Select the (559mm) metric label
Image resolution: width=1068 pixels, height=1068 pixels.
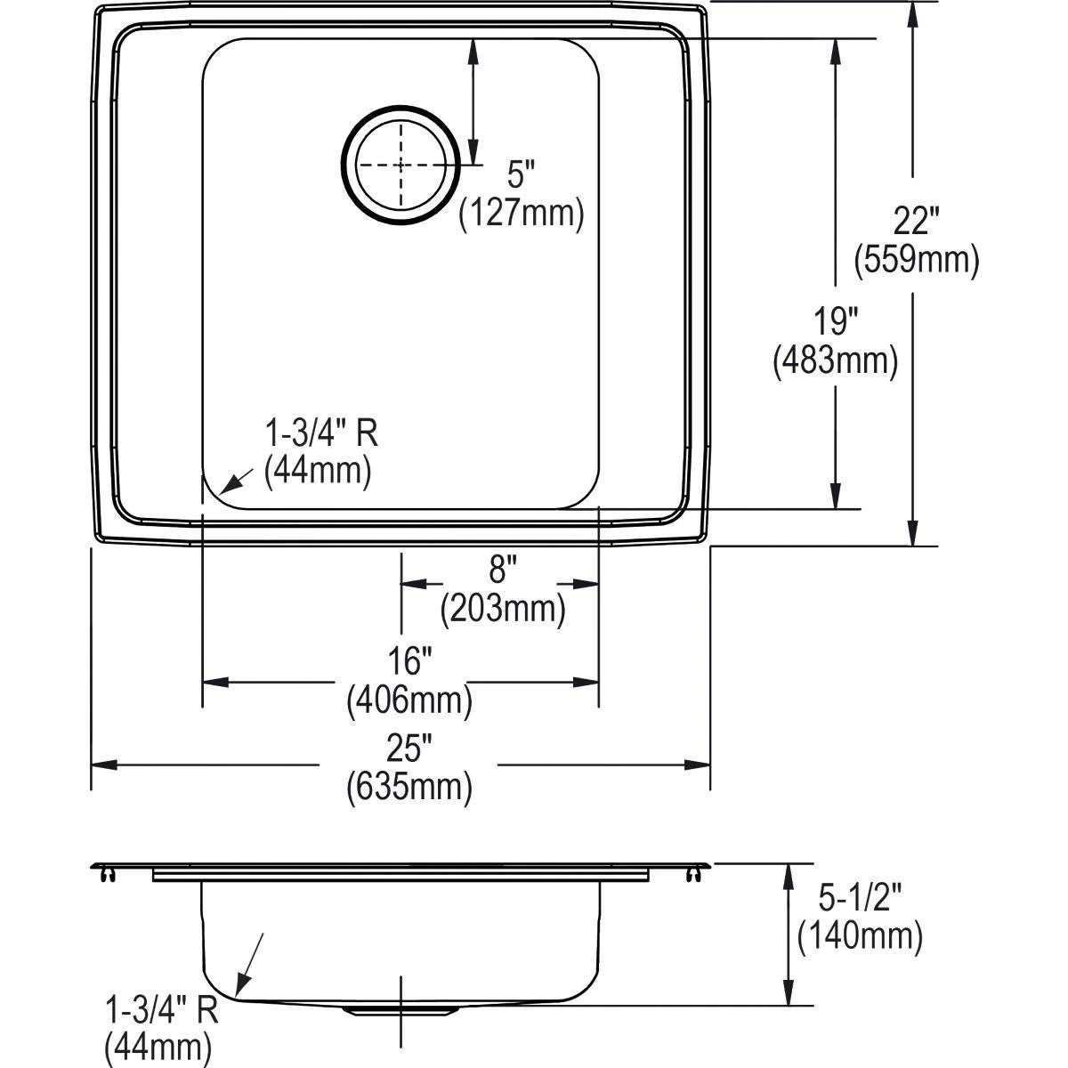pyautogui.click(x=916, y=260)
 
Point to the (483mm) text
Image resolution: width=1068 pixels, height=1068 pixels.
pyautogui.click(x=835, y=360)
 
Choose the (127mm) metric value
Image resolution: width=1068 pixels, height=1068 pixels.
pyautogui.click(x=521, y=214)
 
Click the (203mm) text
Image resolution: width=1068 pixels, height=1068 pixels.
pyautogui.click(x=502, y=608)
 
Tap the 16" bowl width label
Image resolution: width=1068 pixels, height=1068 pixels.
pyautogui.click(x=409, y=662)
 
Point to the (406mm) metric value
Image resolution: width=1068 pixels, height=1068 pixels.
pyautogui.click(x=409, y=702)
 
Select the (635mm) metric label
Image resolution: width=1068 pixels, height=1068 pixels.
pyautogui.click(x=409, y=787)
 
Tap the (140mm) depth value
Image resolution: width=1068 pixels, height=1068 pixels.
pyautogui.click(x=860, y=935)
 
